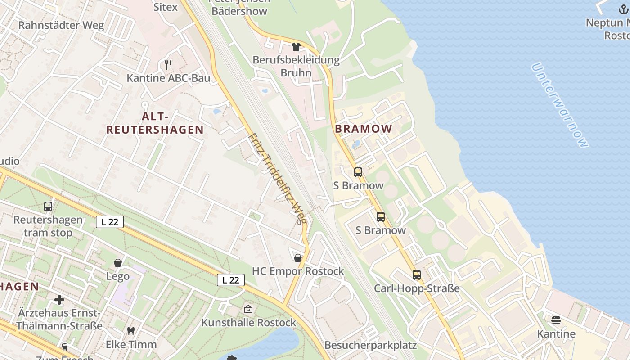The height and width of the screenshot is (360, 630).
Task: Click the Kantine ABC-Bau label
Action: tap(168, 78)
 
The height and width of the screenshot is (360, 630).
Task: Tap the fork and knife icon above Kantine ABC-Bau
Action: tap(168, 64)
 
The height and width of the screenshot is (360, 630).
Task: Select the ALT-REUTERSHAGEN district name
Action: tap(155, 123)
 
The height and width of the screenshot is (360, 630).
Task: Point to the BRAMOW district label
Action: tap(364, 129)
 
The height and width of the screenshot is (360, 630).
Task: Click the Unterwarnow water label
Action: tap(559, 105)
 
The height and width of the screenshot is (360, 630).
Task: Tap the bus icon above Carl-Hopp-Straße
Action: tap(417, 274)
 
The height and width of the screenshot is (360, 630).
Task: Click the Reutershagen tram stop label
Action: tap(48, 226)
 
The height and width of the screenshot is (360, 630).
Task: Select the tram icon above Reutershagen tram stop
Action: tap(48, 207)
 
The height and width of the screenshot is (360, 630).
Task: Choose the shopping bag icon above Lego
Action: tap(118, 263)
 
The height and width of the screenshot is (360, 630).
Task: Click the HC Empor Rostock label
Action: tap(298, 271)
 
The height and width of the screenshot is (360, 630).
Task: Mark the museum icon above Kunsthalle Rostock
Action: tap(248, 309)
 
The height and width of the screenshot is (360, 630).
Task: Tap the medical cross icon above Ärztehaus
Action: tap(59, 300)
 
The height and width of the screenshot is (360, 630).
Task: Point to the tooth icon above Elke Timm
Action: tap(131, 331)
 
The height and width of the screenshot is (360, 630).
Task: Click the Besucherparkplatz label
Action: tap(370, 345)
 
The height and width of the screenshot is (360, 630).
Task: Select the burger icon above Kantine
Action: tap(556, 320)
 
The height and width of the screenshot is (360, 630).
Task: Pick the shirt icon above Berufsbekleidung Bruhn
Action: tap(296, 46)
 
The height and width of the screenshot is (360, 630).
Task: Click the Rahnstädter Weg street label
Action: tap(61, 25)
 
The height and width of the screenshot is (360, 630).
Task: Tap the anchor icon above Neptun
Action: tap(623, 9)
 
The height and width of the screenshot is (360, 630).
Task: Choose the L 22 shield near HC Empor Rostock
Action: tap(231, 280)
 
